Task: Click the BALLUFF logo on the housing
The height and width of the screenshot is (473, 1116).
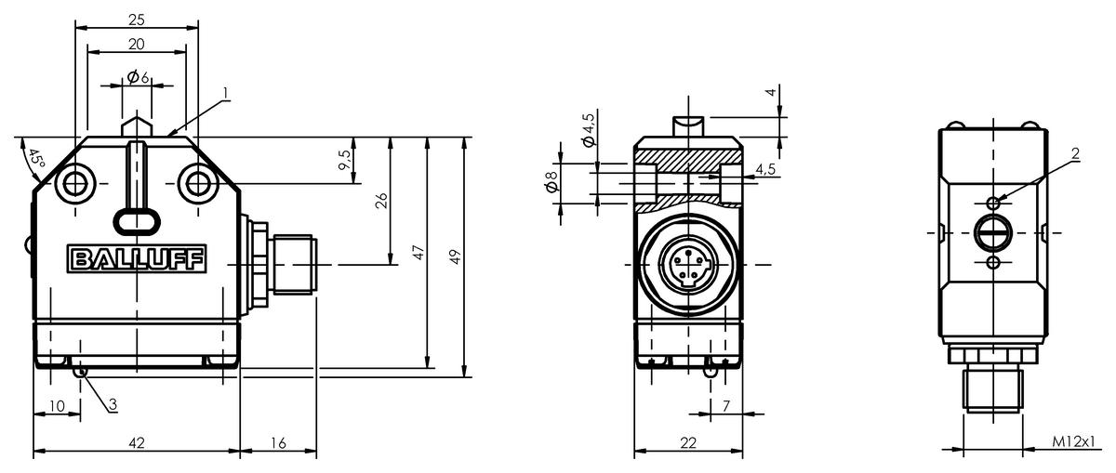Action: [x=137, y=259]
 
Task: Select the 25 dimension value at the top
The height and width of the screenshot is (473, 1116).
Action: [x=137, y=20]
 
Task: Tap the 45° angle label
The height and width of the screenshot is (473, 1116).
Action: [x=35, y=159]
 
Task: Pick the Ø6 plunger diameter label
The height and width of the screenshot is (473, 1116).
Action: [x=138, y=77]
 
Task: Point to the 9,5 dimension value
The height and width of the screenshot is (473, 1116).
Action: [x=345, y=160]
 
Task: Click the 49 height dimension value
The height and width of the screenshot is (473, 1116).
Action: [x=455, y=256]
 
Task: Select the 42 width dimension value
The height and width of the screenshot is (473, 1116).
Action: [x=137, y=442]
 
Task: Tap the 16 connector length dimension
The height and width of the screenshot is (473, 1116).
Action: [x=278, y=442]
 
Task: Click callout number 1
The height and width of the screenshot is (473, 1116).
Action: [x=226, y=93]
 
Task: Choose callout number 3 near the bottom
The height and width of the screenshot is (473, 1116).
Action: [x=113, y=404]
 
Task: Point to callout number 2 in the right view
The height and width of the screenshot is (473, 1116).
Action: [x=1075, y=154]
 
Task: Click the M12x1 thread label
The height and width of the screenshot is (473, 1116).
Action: [x=1073, y=441]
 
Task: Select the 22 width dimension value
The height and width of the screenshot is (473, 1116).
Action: [x=688, y=442]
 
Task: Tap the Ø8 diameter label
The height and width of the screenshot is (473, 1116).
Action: [x=552, y=181]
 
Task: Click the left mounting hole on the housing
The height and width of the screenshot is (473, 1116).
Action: [x=74, y=183]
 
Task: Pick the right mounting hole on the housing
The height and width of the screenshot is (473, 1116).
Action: [x=198, y=183]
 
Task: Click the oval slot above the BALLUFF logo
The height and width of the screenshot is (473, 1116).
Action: [x=137, y=221]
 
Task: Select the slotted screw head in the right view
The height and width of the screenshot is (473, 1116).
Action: [x=993, y=232]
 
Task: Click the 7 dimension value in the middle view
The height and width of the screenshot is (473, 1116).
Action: [x=726, y=406]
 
